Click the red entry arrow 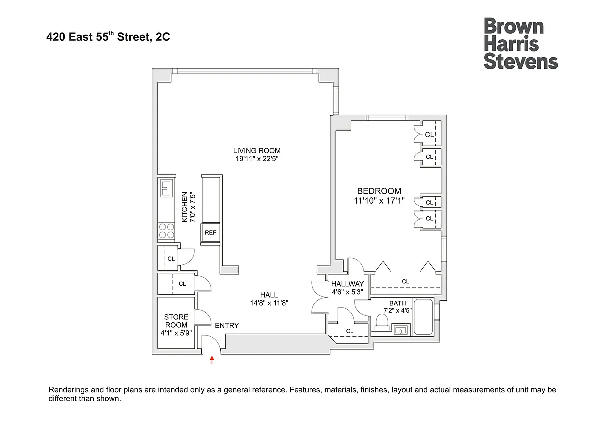click(x=212, y=360)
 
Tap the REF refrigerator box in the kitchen click(x=211, y=233)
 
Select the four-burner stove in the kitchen click(x=166, y=231)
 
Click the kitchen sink click(x=166, y=188)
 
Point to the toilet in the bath click(x=382, y=323)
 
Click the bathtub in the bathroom click(x=423, y=317)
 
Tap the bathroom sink click(x=401, y=330)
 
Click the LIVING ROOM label click(x=257, y=151)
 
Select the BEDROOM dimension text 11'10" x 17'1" click(x=379, y=200)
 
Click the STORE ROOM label click(x=176, y=321)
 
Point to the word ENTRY click(x=227, y=325)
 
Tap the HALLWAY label click(x=347, y=284)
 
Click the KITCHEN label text click(x=185, y=207)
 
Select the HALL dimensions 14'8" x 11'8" click(x=269, y=303)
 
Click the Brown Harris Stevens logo click(x=521, y=44)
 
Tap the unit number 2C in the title click(x=163, y=37)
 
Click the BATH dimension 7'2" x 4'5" click(x=398, y=310)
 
